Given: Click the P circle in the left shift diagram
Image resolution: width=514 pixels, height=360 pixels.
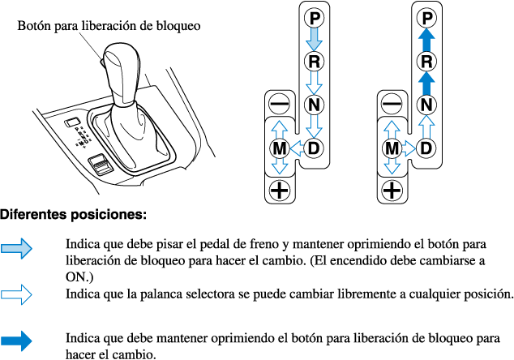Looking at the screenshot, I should click(x=315, y=16).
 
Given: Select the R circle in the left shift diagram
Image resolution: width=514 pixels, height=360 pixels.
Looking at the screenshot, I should click(x=315, y=61).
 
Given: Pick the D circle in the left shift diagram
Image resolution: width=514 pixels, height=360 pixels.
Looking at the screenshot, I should click(x=315, y=148).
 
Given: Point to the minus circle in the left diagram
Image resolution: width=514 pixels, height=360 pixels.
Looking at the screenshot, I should click(x=280, y=105).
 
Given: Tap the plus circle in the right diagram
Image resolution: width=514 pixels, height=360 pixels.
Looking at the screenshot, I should click(x=392, y=191).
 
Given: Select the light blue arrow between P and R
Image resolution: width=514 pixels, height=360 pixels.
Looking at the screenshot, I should click(x=315, y=38).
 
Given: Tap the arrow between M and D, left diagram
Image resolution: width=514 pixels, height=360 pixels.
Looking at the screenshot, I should click(x=297, y=148).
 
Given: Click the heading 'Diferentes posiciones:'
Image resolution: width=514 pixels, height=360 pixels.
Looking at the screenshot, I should click(x=73, y=216).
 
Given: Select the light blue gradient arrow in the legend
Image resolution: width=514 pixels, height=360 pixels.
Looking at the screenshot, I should click(x=17, y=249).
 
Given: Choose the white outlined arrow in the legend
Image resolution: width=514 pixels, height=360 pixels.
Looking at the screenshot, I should click(x=17, y=293).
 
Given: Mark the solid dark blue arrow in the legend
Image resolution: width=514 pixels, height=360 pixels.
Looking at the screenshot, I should click(x=17, y=340).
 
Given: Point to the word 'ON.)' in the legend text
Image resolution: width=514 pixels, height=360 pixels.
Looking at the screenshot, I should click(x=79, y=277).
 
